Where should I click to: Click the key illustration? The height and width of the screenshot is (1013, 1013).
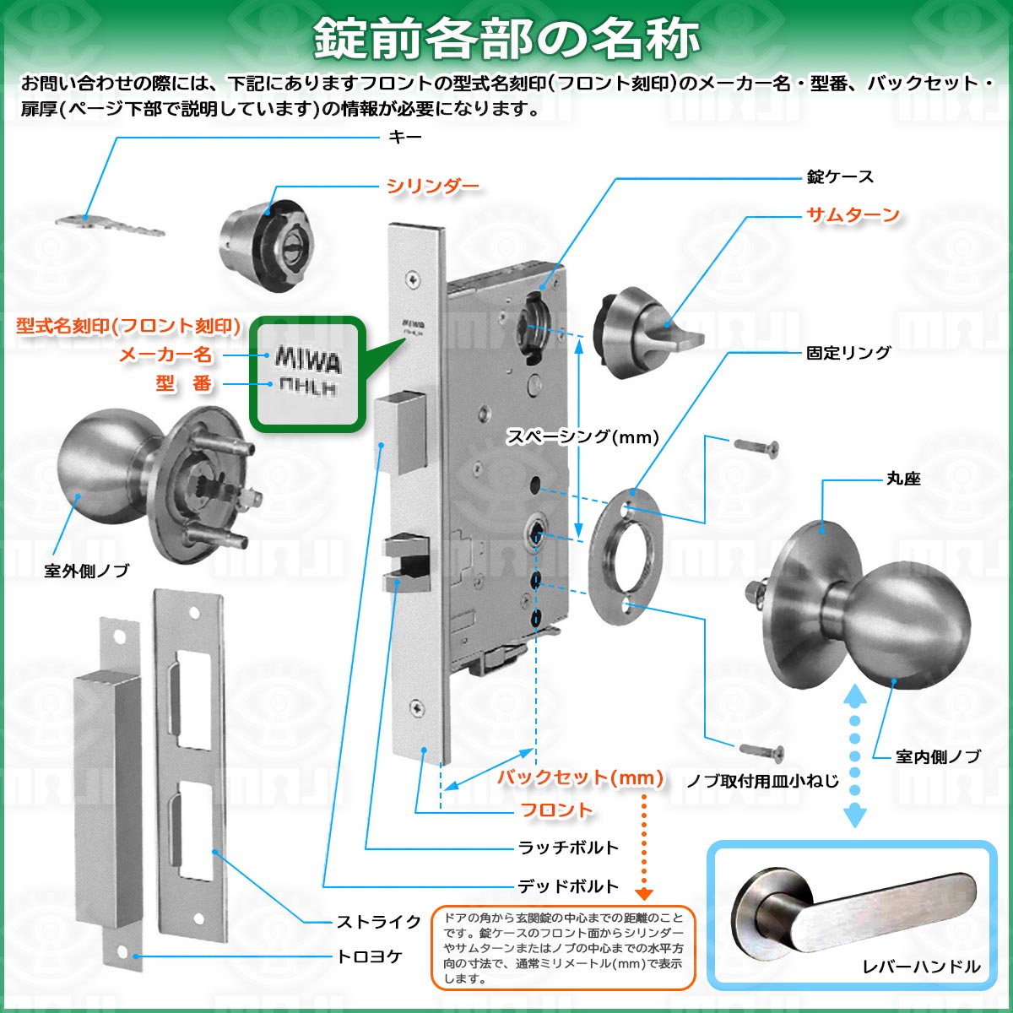point(111,225)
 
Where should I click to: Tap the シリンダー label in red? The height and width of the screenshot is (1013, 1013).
point(433,186)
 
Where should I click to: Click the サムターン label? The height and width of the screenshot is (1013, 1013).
point(853,214)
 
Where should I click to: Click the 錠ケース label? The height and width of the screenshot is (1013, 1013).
point(840,176)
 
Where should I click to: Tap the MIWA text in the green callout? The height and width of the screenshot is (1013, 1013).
point(308,360)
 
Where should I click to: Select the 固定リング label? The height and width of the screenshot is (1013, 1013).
point(848,352)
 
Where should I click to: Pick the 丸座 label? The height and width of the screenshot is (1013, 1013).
point(903,479)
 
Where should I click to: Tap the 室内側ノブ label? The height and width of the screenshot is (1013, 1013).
point(938,756)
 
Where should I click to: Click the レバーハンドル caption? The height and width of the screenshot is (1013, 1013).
point(921,981)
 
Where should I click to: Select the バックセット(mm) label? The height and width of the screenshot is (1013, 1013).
point(580,777)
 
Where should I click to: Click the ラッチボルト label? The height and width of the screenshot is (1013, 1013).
point(568,848)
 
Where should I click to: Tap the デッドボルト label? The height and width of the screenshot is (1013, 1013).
point(568,887)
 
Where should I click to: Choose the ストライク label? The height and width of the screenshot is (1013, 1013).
point(378,922)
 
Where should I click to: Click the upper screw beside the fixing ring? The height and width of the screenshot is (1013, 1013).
point(756,448)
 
